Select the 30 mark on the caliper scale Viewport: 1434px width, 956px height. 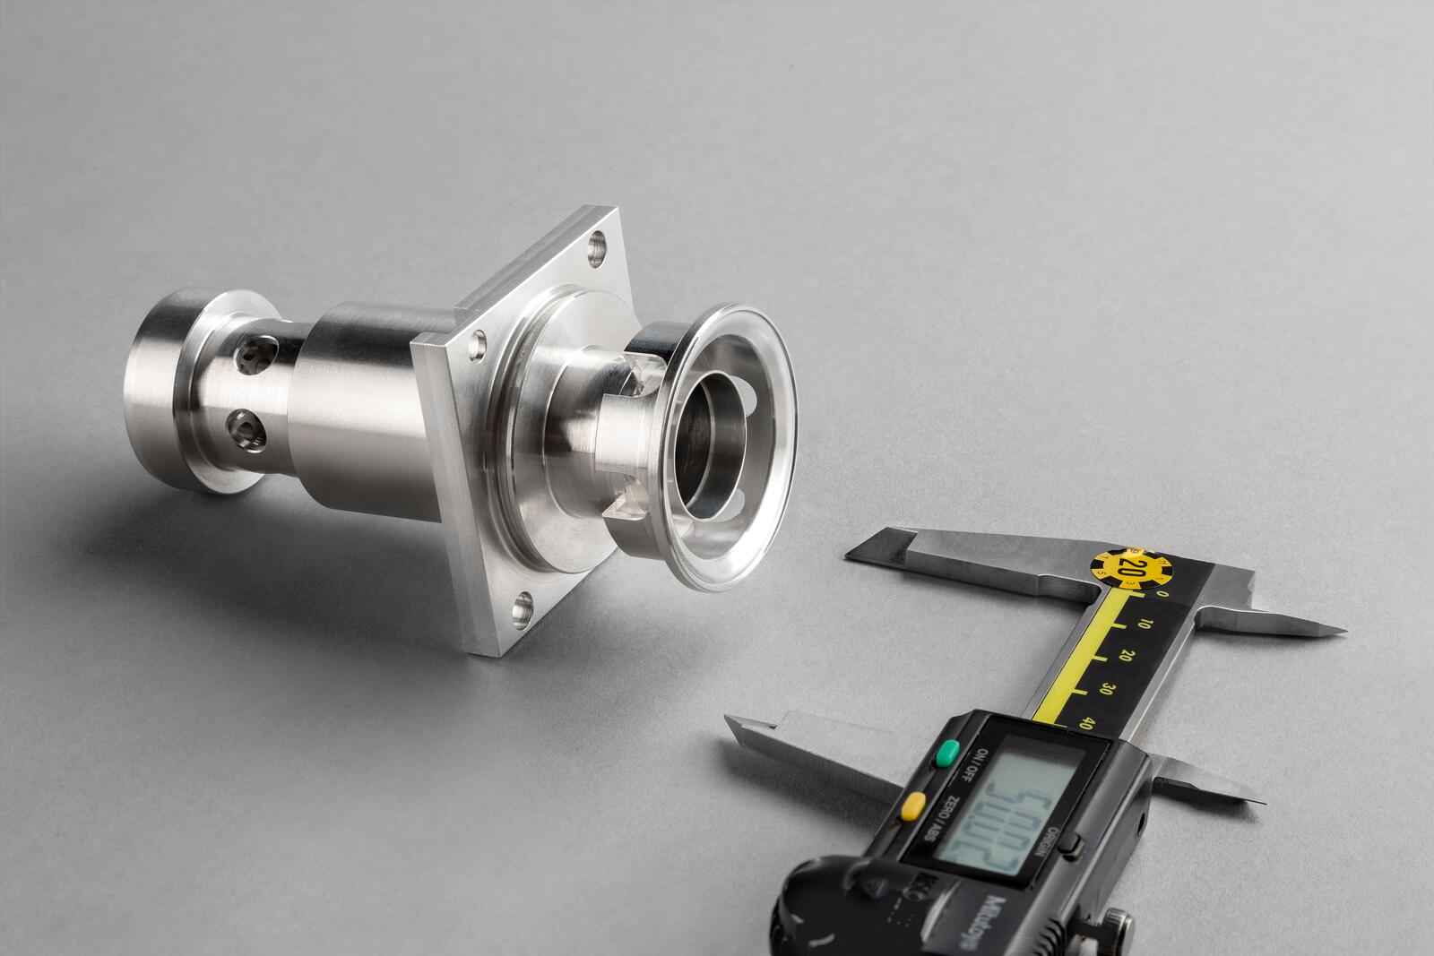click(1108, 689)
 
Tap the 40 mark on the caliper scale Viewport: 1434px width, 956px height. click(1087, 723)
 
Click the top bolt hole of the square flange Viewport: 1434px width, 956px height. click(596, 243)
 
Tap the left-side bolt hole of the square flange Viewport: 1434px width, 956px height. click(481, 341)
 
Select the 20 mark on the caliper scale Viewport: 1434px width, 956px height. click(1127, 655)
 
